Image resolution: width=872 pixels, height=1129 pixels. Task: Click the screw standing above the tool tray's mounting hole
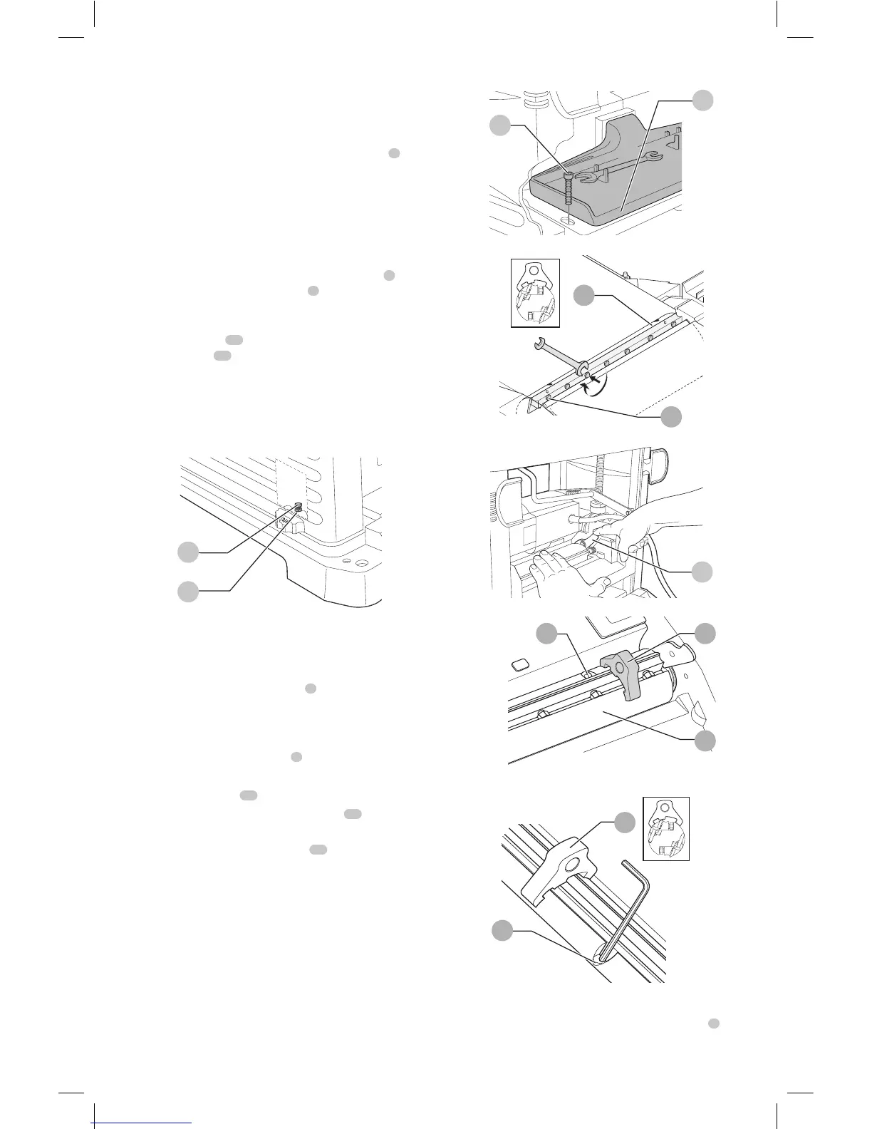[x=569, y=191]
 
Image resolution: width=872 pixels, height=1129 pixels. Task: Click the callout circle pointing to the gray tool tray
[x=703, y=100]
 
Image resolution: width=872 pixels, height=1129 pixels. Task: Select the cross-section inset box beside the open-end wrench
[x=536, y=293]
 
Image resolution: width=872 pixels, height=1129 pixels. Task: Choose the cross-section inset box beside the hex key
[x=666, y=828]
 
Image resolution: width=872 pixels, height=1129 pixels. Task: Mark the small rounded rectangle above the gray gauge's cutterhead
[x=520, y=664]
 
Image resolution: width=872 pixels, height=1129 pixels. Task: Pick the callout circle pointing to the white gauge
[x=625, y=822]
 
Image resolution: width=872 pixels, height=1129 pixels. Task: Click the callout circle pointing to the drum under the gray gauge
[x=705, y=741]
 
